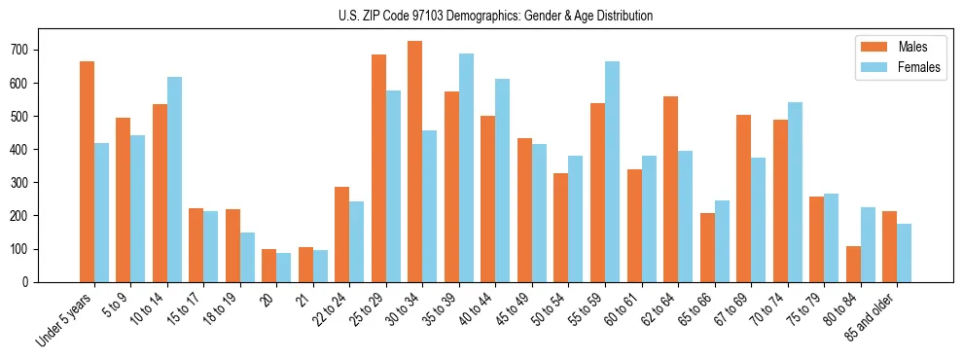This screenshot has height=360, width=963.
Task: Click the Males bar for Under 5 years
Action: [x=87, y=171]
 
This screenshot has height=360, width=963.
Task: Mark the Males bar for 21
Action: [x=305, y=265]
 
